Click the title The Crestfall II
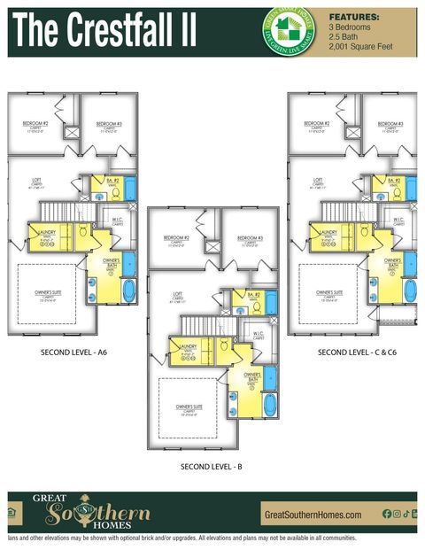pos(104,32)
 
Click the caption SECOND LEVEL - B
pos(210,466)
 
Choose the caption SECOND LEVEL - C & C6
pos(355,352)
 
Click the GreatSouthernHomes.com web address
pos(313,515)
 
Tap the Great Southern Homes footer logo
pos(91,512)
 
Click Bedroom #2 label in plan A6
pos(37,124)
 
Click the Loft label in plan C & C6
pos(308,182)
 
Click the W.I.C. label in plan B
pos(258,334)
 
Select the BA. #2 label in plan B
pos(253,294)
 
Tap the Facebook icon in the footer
pos(387,514)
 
